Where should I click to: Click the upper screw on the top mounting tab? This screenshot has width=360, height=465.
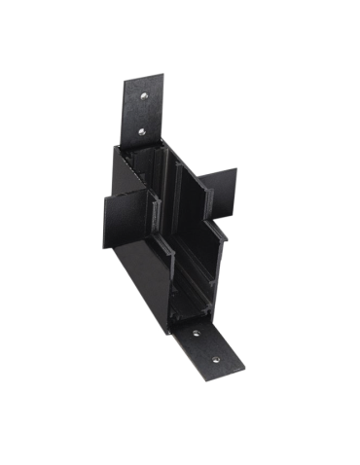(142, 97)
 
